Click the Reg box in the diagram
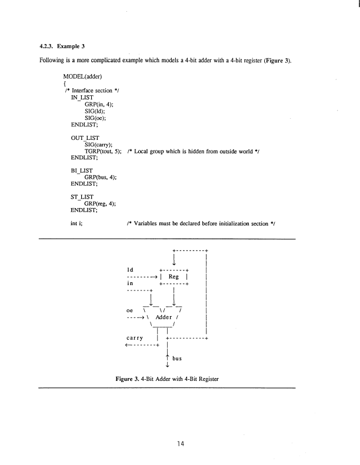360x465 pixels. pyautogui.click(x=174, y=277)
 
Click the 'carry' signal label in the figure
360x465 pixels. pyautogui.click(x=137, y=339)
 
